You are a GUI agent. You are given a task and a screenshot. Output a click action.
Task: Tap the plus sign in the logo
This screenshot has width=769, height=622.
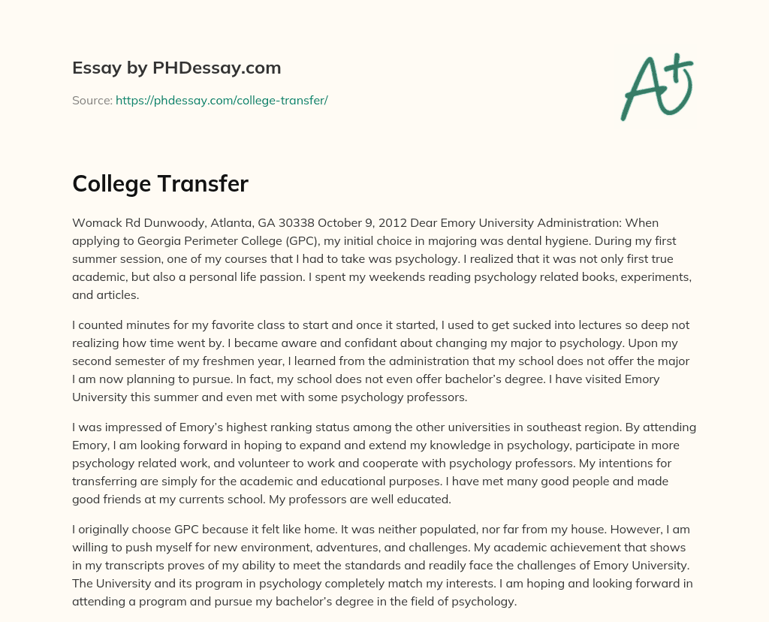click(677, 70)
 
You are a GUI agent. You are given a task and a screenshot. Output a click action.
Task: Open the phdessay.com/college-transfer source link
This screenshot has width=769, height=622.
click(222, 100)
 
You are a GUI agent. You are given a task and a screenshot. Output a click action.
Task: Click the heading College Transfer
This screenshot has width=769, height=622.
click(160, 183)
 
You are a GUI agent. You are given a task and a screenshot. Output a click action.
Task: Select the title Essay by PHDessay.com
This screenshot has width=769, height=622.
click(176, 68)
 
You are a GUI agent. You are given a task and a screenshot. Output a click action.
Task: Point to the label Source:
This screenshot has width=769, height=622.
click(92, 100)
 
